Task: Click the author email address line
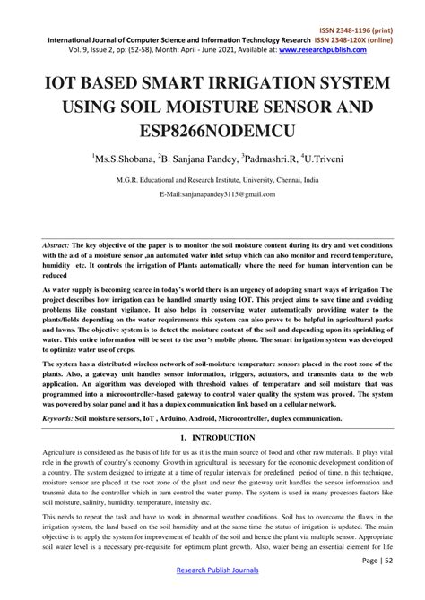pos(212,193)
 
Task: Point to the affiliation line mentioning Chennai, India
pos(212,180)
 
